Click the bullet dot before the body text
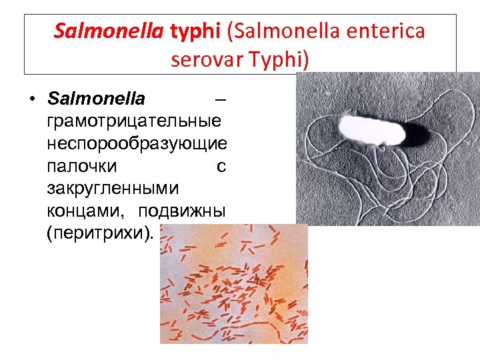coord(31,99)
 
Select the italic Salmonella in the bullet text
coord(96,99)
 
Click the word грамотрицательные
coord(135,122)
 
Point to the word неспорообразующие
coord(137,144)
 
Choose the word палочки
coord(82,167)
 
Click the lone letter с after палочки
coord(221,167)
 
